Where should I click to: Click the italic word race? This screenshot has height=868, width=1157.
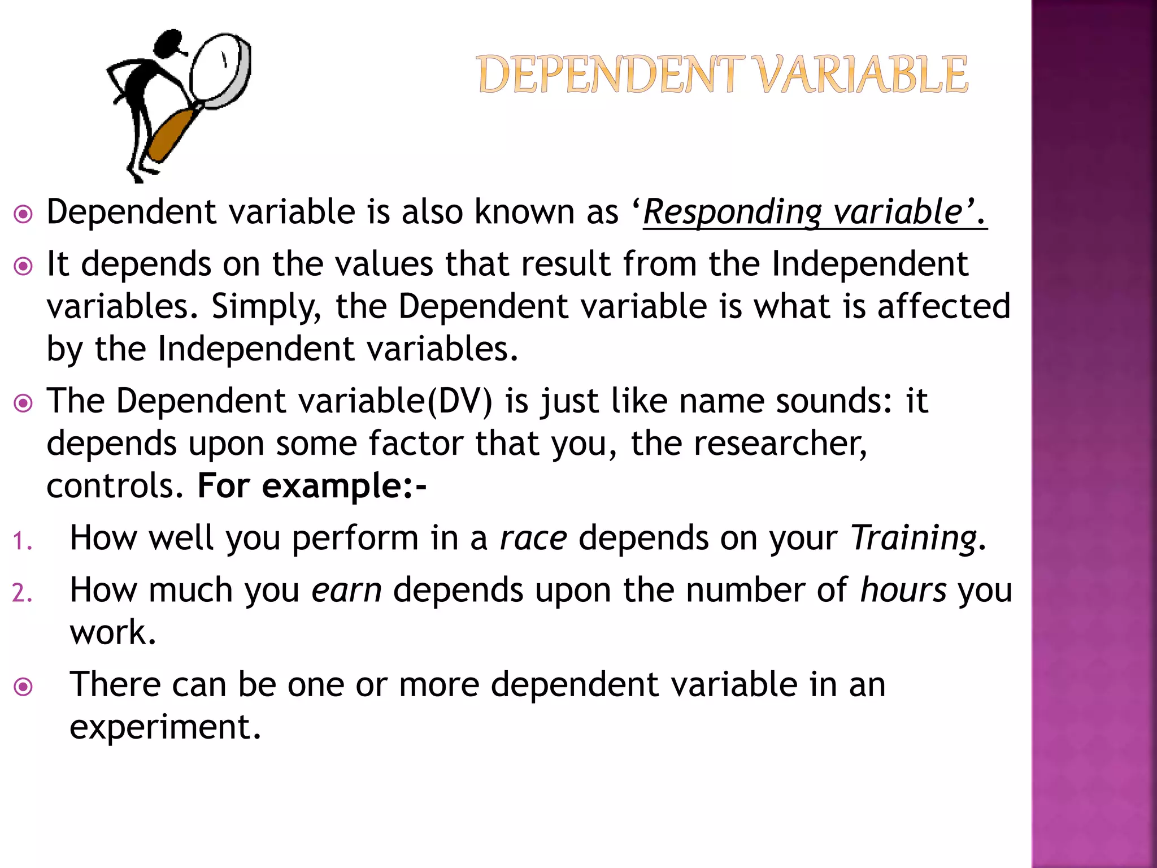click(x=533, y=538)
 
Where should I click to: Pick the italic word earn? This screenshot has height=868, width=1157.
click(x=346, y=591)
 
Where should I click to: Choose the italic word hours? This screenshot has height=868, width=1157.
click(x=903, y=591)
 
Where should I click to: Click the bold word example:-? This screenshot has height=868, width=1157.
click(x=344, y=486)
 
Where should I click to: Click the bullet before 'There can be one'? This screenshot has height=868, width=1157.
click(x=23, y=687)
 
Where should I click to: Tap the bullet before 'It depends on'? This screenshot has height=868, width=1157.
click(x=23, y=266)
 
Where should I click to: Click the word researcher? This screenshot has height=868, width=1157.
click(x=779, y=444)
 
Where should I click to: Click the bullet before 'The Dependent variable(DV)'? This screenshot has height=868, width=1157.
click(x=23, y=403)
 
